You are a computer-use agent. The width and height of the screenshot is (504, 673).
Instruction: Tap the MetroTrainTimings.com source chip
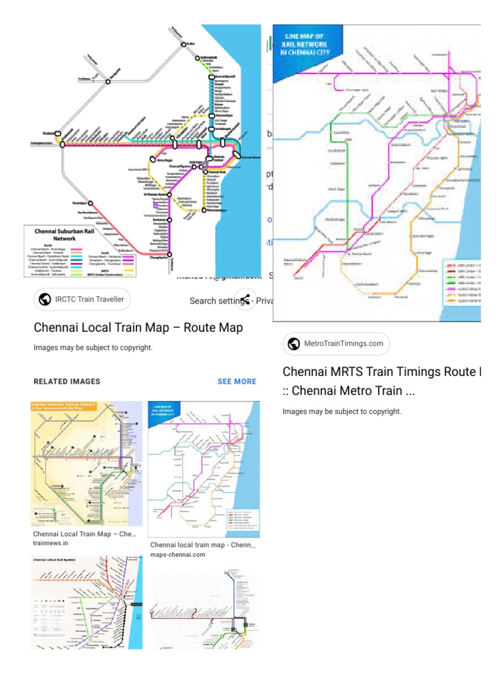coord(337,343)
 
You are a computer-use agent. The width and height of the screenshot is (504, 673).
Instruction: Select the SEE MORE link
coord(237,381)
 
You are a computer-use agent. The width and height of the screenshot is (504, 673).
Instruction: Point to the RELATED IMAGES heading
coord(66,381)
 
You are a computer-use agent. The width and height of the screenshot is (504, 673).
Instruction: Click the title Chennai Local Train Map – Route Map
coord(138,327)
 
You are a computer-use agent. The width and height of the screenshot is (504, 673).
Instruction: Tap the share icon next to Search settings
coord(245,300)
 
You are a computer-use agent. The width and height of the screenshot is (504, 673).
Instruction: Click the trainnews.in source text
coord(51,543)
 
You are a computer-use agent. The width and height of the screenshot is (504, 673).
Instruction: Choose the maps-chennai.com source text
coord(178,554)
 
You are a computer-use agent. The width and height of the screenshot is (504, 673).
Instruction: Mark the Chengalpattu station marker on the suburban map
coord(169,258)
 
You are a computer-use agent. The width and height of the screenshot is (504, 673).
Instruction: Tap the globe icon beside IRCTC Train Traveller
coord(45,300)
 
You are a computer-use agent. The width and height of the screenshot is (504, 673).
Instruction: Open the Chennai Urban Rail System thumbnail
coord(87,601)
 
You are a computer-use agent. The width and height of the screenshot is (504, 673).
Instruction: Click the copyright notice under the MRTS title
coord(341,411)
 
